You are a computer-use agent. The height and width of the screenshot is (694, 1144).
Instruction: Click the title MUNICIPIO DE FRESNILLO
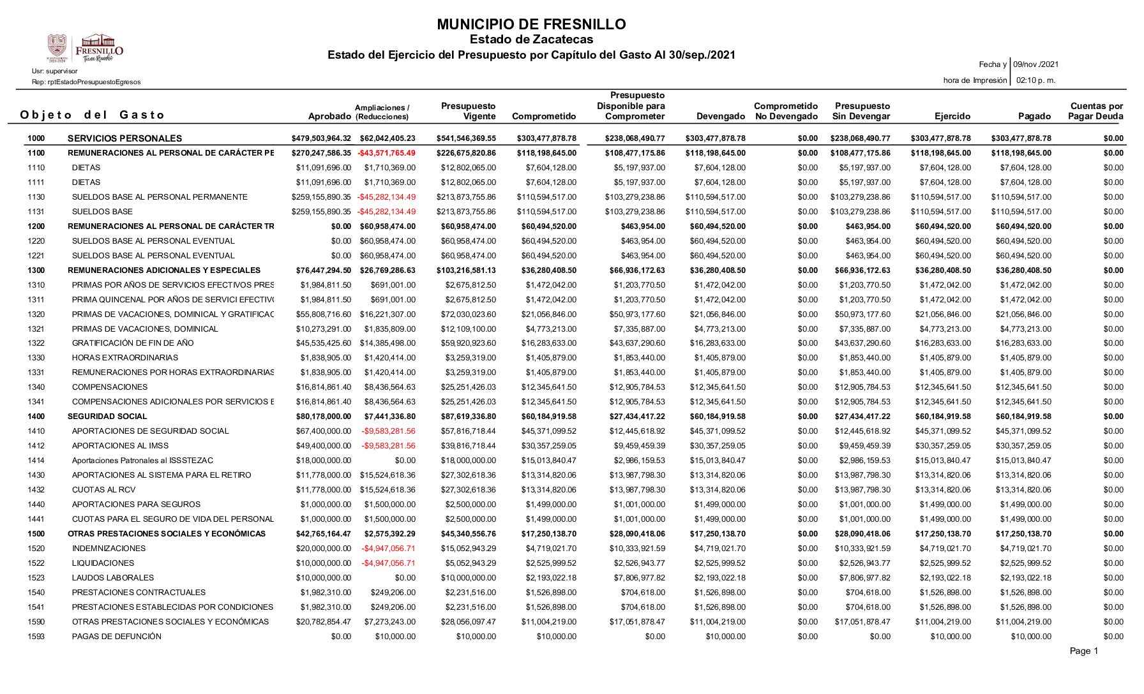coord(531,25)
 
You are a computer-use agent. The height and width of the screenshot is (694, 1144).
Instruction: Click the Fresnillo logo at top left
coord(85,48)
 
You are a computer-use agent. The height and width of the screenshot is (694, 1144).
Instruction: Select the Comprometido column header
coord(544,116)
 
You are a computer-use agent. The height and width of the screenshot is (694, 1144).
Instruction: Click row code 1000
coord(36,138)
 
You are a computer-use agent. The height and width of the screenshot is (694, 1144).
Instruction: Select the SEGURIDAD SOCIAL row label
coord(98,417)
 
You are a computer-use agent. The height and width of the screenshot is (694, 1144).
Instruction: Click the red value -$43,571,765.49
coord(386,153)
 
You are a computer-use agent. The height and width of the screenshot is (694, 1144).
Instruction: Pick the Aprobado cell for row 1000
coord(321,138)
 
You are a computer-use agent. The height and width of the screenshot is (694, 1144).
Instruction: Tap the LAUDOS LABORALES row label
coord(113,578)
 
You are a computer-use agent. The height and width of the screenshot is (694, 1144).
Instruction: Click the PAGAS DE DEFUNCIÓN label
coord(116,637)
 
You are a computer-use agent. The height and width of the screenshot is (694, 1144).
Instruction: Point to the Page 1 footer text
coord(1084,651)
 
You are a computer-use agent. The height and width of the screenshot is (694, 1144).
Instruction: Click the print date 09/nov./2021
coord(1036,64)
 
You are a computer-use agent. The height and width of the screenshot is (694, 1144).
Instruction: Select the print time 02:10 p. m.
coord(1035,80)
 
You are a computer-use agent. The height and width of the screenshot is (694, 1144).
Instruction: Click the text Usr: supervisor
coord(55,71)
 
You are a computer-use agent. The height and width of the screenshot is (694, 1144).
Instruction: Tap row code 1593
coord(36,637)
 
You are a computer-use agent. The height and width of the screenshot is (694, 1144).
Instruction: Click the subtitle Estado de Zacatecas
coord(531,40)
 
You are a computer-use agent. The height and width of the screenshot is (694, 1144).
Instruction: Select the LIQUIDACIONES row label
coord(103,563)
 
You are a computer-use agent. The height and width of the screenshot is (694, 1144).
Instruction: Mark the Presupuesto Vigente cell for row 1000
coord(466,138)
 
